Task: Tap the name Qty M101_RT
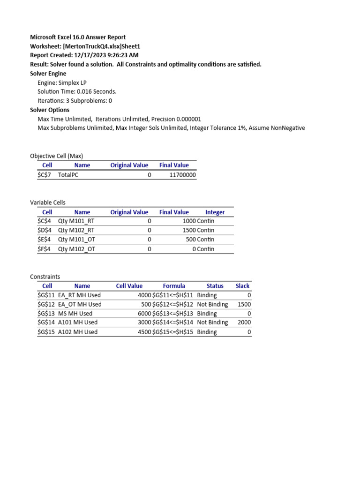coord(76,221)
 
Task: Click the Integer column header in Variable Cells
coord(215,212)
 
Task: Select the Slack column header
coord(242,285)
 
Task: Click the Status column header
coord(215,285)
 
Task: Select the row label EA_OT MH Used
coord(80,304)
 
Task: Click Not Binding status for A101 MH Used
coord(212,322)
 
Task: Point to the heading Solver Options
coord(49,110)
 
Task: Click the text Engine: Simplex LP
coord(62,82)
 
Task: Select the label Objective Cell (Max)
coord(56,156)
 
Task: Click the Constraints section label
coord(45,277)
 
